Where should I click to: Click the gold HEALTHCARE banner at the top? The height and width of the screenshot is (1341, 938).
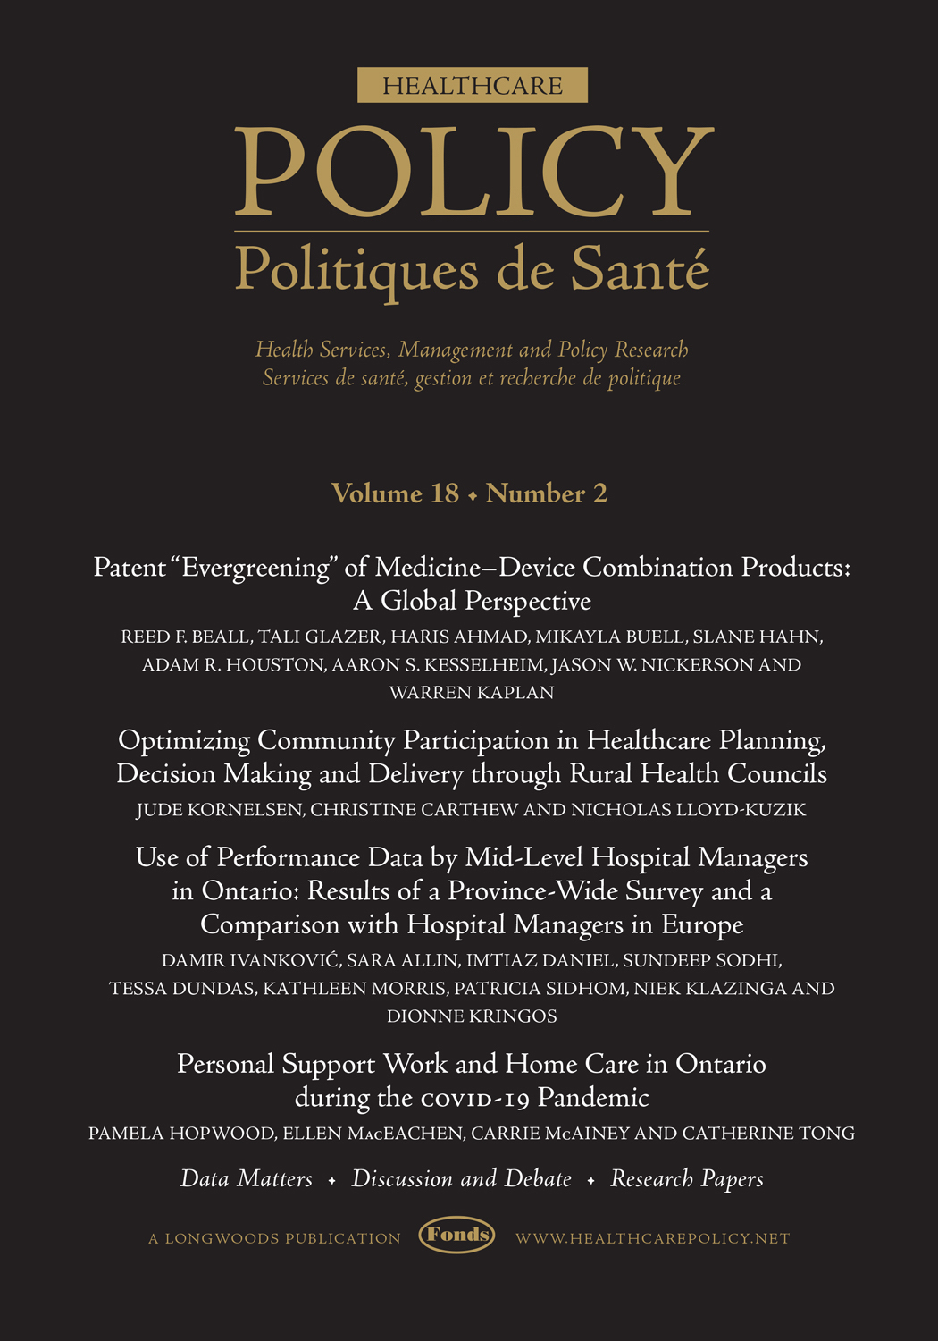(x=472, y=85)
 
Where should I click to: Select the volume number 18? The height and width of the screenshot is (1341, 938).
(x=444, y=493)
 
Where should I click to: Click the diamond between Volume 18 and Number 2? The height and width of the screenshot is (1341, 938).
(x=473, y=495)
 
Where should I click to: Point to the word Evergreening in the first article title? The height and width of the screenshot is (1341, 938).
(x=255, y=568)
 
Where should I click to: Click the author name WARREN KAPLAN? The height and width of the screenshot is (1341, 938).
(x=472, y=693)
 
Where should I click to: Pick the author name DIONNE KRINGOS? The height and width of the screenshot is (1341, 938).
(x=472, y=1016)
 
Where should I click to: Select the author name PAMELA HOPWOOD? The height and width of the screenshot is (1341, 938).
(x=181, y=1134)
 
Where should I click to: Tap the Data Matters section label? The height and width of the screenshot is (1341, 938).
(x=247, y=1179)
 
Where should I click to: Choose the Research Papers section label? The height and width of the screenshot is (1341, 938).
(x=687, y=1179)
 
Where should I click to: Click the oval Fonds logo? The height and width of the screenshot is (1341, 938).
(x=457, y=1236)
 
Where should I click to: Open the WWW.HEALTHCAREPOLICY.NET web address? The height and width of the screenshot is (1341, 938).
(x=653, y=1239)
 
